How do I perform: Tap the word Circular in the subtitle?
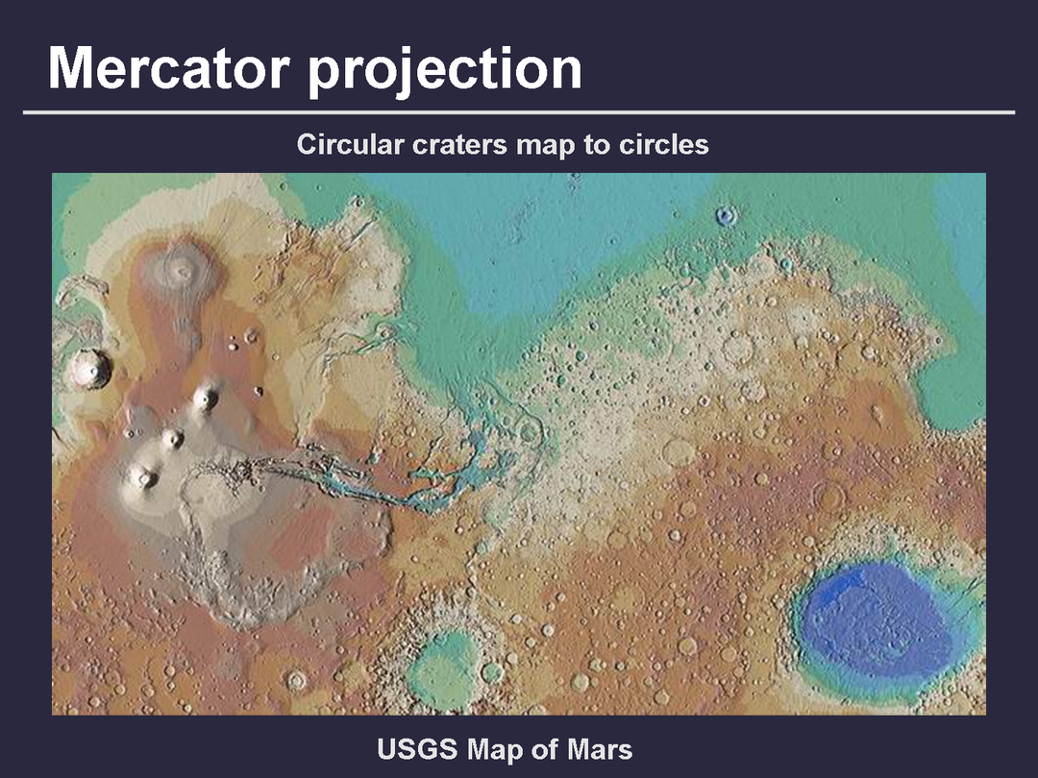(x=350, y=144)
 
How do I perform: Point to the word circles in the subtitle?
(x=663, y=144)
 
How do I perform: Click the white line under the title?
(x=519, y=112)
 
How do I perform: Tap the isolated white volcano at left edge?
(x=89, y=369)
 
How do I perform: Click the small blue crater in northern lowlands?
(x=727, y=215)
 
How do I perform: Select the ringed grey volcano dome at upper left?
(x=180, y=271)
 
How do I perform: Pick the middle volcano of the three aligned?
(x=173, y=437)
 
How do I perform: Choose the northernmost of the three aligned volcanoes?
(x=207, y=397)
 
